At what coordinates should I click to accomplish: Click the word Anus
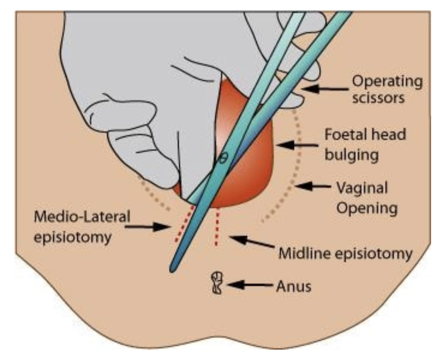point(293,286)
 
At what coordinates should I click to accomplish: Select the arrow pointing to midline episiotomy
point(251,243)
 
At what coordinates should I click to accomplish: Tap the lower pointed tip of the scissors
point(173,269)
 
